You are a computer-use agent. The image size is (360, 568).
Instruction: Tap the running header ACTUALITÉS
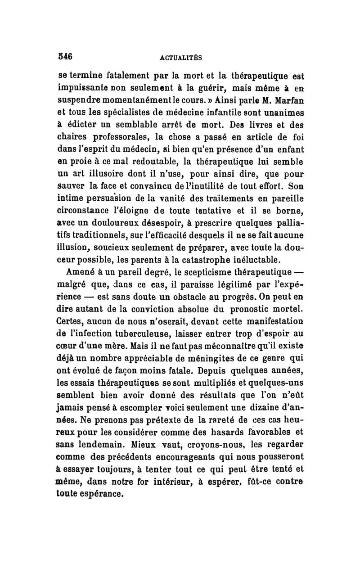180,58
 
